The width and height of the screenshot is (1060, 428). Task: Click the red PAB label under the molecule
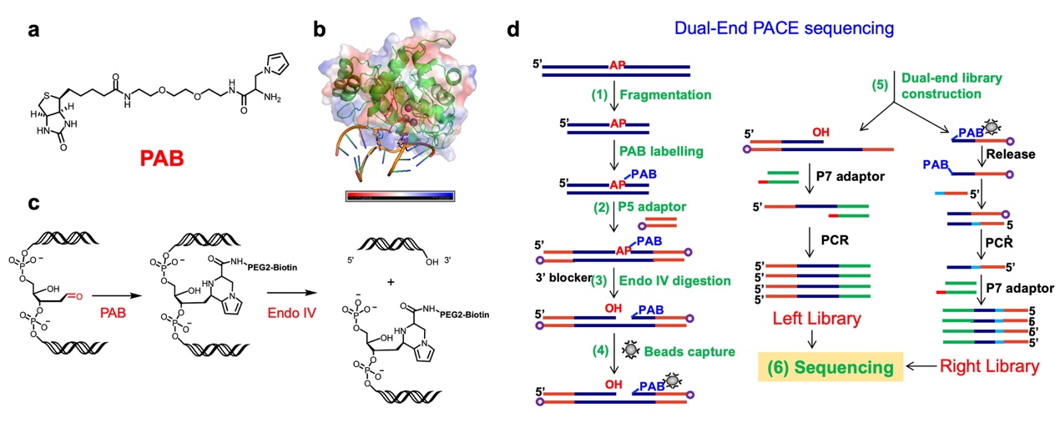point(161,158)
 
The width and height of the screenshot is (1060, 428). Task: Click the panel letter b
point(320,29)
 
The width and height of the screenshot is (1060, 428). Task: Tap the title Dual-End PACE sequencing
point(784,28)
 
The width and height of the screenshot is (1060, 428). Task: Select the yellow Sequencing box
point(830,367)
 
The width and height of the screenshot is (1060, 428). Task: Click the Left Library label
point(817,318)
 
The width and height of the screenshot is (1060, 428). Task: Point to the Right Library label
point(990,366)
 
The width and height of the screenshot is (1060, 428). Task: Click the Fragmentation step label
point(665,94)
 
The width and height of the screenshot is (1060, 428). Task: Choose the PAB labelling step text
point(662,151)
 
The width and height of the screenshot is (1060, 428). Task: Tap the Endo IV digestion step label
point(674,281)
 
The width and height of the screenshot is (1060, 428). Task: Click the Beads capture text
point(689,351)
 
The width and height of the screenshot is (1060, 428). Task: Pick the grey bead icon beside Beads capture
point(630,350)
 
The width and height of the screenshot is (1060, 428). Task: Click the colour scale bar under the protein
point(400,196)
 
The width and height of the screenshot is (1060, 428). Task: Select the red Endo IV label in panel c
point(291,313)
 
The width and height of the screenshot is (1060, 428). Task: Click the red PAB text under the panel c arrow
point(113,313)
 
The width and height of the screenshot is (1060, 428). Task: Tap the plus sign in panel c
point(391,282)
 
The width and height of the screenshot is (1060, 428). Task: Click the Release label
point(1010,154)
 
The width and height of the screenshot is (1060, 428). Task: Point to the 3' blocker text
point(563,278)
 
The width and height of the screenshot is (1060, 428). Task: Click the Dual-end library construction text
point(951,86)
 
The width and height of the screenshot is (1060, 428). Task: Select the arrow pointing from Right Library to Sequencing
point(921,366)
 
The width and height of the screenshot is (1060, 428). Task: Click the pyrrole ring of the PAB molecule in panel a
point(277,65)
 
